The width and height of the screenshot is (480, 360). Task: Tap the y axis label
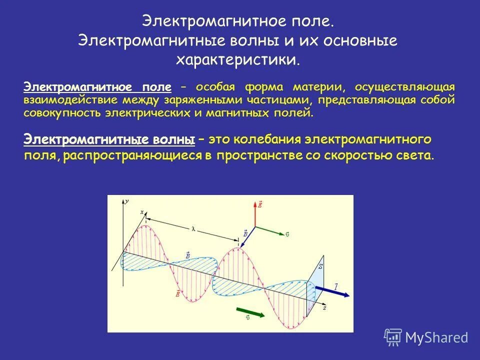tap(127, 201)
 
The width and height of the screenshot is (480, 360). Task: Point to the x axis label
tap(141, 212)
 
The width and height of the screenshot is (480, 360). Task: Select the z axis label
tap(324, 308)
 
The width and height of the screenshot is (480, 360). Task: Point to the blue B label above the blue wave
tap(187, 255)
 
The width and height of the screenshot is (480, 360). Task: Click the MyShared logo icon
tap(393, 337)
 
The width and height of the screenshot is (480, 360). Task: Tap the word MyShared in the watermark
tap(436, 338)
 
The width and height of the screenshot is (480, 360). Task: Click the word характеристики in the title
tap(237, 60)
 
